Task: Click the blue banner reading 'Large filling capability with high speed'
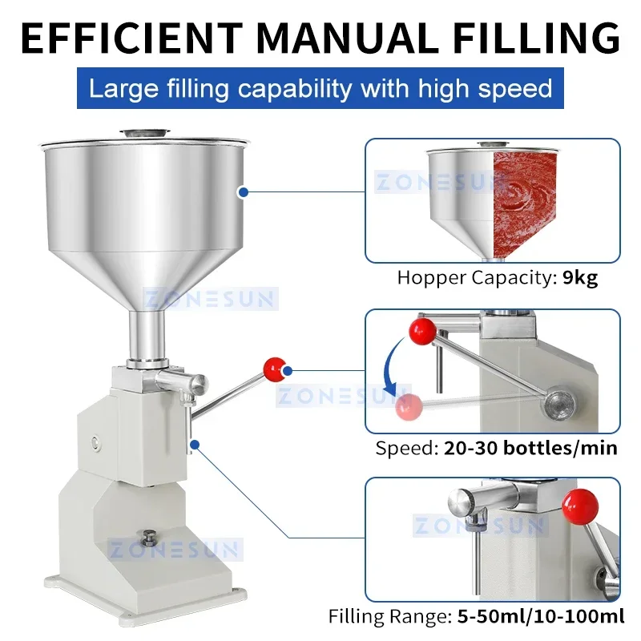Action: point(320,87)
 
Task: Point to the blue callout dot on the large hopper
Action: point(242,191)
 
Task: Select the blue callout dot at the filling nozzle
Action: point(193,441)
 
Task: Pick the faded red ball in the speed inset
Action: point(409,406)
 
